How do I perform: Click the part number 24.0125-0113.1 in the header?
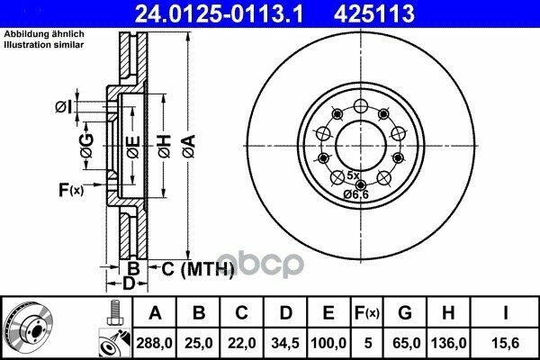point(219,13)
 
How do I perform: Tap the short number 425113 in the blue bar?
point(374,13)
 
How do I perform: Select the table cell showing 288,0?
point(154,343)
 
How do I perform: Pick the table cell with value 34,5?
point(285,343)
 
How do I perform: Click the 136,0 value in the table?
point(449,343)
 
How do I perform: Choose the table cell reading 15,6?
point(506,343)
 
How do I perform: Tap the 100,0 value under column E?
point(328,343)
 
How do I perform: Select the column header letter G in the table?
point(405,313)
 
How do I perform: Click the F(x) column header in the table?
point(367,313)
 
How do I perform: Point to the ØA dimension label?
point(189,147)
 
